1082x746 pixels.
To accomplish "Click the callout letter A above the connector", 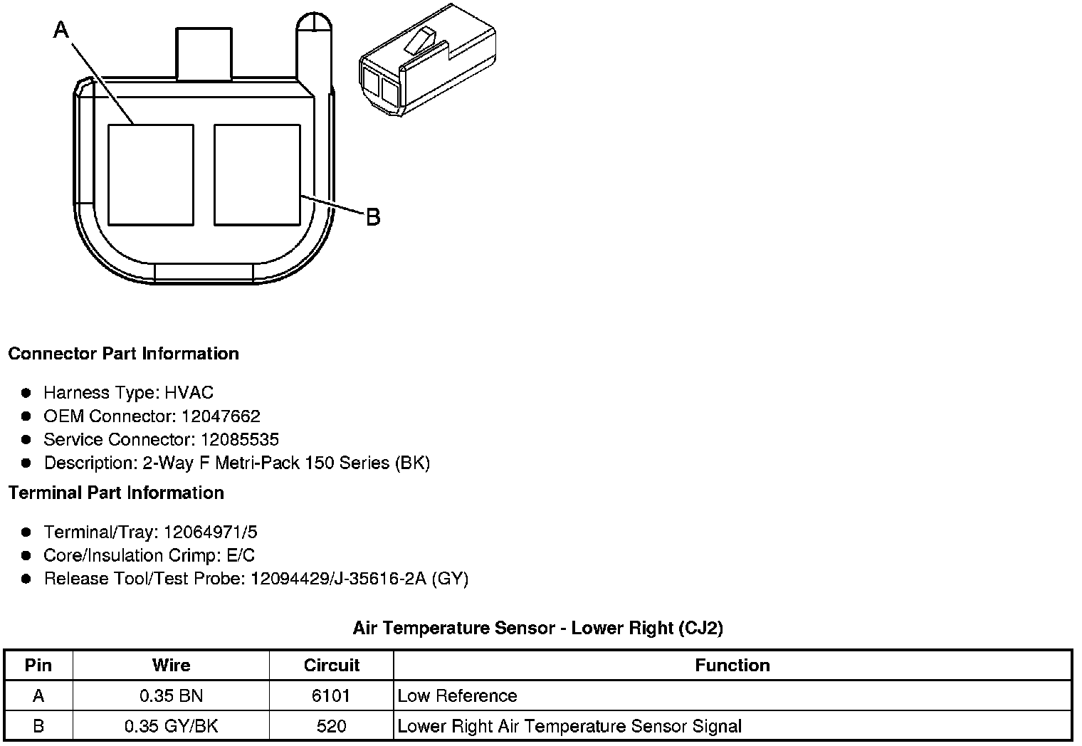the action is click(61, 30).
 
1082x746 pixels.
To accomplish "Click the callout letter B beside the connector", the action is click(373, 217).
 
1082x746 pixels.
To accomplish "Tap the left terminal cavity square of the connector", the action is click(151, 175).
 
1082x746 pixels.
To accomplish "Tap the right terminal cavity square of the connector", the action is click(257, 175).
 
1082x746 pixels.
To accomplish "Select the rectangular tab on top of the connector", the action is click(204, 53).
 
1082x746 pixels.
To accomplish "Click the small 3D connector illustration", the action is click(428, 61).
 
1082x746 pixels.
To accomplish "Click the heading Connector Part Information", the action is click(124, 354).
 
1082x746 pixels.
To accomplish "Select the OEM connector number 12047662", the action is click(221, 416).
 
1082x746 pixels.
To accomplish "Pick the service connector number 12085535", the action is click(240, 439).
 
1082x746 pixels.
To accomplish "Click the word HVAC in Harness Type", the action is click(189, 392).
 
